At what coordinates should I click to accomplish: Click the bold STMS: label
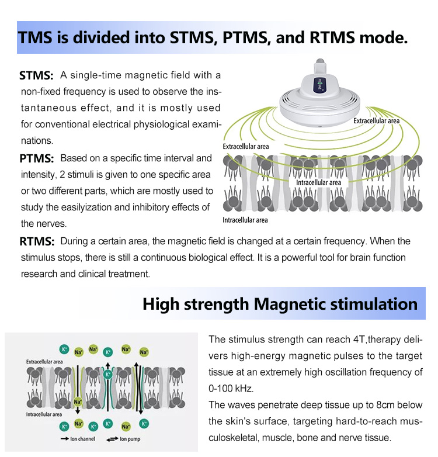(x=36, y=75)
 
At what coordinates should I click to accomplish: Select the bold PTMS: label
(x=37, y=158)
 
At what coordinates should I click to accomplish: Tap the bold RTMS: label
(x=37, y=241)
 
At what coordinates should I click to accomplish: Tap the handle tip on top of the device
(x=320, y=62)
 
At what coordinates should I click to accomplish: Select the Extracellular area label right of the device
(x=376, y=120)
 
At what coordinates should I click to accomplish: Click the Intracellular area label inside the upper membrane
(x=318, y=182)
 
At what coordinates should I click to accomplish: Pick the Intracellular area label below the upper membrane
(x=245, y=220)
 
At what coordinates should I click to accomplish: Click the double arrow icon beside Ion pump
(x=112, y=439)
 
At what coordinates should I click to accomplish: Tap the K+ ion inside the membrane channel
(x=108, y=375)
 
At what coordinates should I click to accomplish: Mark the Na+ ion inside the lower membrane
(x=78, y=401)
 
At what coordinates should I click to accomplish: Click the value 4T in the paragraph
(x=360, y=340)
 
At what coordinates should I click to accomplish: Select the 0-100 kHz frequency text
(x=231, y=389)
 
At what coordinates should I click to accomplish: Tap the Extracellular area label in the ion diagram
(x=44, y=362)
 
